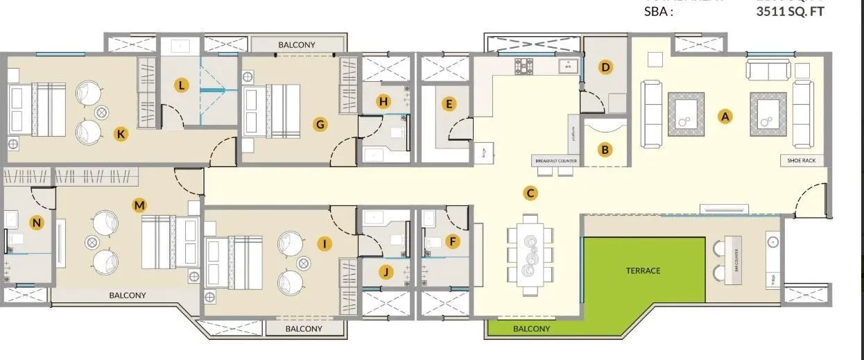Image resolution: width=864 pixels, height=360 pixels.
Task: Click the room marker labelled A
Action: pyautogui.click(x=726, y=117)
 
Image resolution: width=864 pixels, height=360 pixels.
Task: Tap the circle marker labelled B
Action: pyautogui.click(x=605, y=149)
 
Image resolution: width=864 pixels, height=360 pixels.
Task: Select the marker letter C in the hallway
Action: pyautogui.click(x=530, y=194)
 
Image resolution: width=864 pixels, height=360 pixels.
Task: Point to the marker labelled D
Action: pyautogui.click(x=605, y=67)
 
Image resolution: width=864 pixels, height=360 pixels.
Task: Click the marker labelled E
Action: pyautogui.click(x=449, y=105)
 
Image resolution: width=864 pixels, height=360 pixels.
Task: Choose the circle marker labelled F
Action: pyautogui.click(x=453, y=241)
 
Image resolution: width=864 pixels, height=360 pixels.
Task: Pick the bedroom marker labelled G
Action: pyautogui.click(x=320, y=124)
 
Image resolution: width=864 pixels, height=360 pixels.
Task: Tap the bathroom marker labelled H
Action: pyautogui.click(x=383, y=101)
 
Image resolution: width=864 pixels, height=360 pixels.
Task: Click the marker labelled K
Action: pyautogui.click(x=121, y=135)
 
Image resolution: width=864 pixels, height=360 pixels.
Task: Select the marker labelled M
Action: pyautogui.click(x=140, y=205)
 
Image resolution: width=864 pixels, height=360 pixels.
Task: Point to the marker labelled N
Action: pyautogui.click(x=37, y=222)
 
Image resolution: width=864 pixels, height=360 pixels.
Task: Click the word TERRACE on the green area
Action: pyautogui.click(x=643, y=271)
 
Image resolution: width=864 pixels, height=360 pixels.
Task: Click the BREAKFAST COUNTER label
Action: pyautogui.click(x=555, y=161)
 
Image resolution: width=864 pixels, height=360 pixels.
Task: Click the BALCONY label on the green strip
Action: pyautogui.click(x=531, y=329)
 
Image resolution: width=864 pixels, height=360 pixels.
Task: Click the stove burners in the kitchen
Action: pyautogui.click(x=523, y=66)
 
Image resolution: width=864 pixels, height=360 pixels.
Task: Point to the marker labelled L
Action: pyautogui.click(x=181, y=86)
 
